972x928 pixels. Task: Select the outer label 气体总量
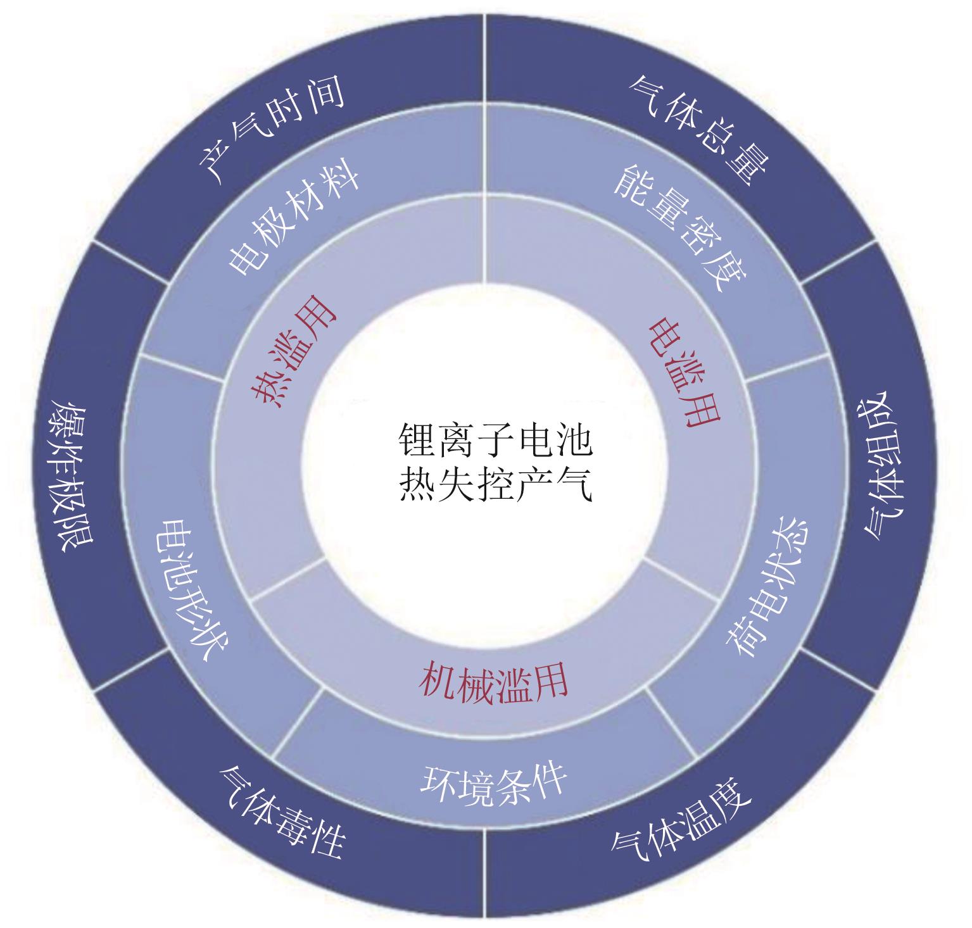[x=699, y=129]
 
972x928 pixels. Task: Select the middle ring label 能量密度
[x=680, y=228]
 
